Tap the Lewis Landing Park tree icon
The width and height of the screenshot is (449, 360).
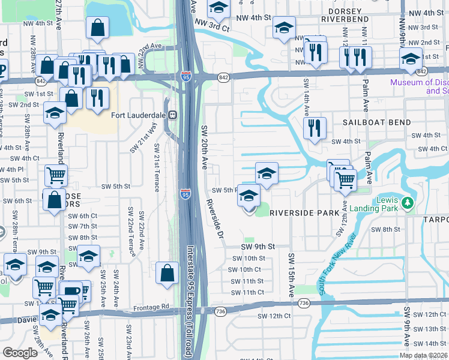408,204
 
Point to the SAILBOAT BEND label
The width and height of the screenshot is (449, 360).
377,122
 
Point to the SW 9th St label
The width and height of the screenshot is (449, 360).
258,247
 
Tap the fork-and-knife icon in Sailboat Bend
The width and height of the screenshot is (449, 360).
315,128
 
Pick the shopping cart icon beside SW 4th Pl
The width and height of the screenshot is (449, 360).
56,175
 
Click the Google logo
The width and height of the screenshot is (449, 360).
20,353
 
